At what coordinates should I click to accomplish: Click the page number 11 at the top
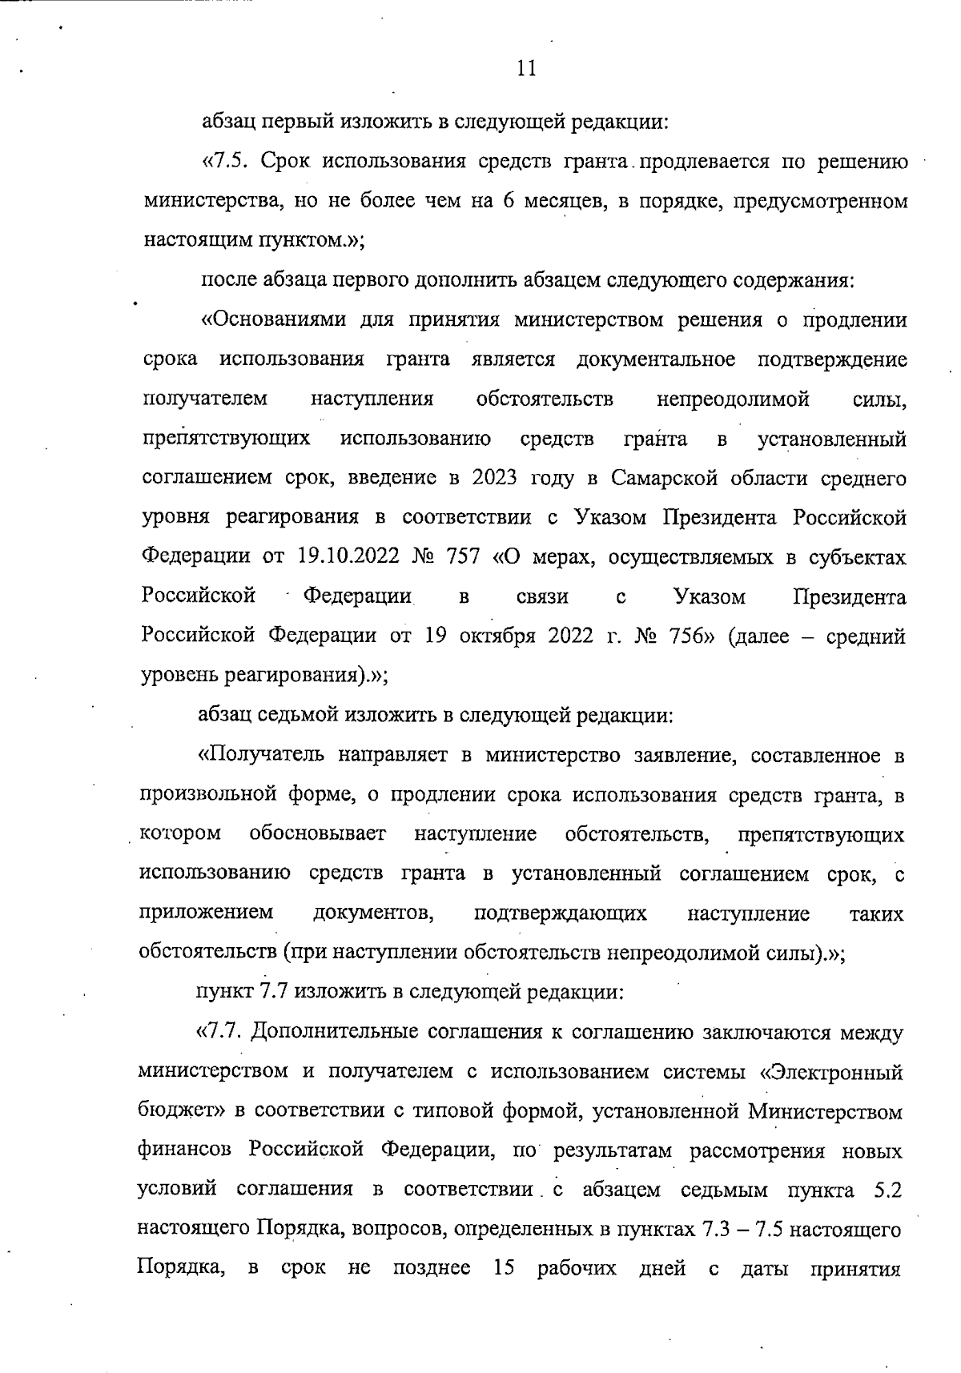tap(525, 69)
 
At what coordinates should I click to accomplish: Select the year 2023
tap(495, 479)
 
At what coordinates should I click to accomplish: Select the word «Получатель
tap(261, 755)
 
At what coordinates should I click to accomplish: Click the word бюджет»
tap(180, 1112)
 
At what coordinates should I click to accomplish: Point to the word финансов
tap(185, 1151)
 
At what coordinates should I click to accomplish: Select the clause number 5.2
tap(888, 1190)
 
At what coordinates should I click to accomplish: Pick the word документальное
tap(656, 359)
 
